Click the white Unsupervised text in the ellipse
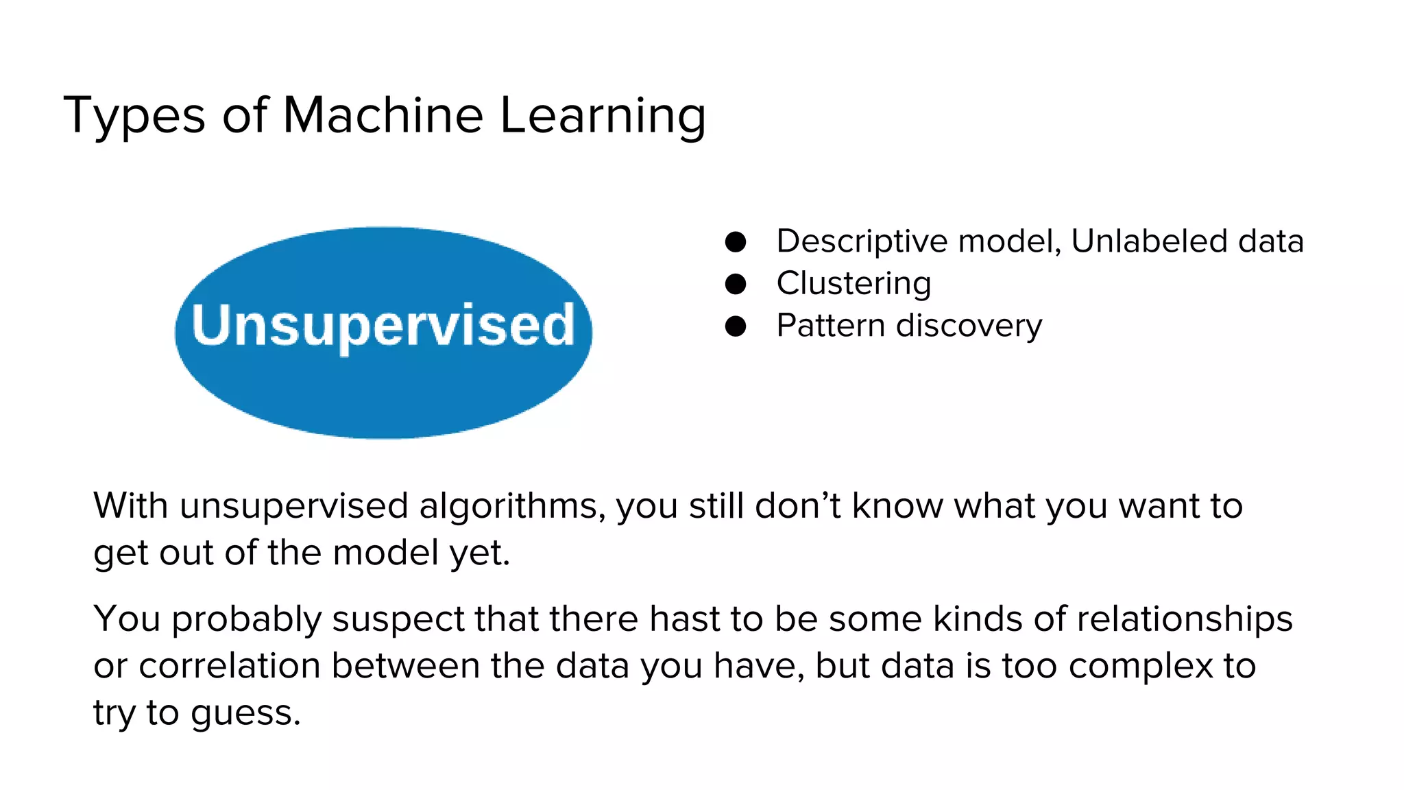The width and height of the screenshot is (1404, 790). coord(383,325)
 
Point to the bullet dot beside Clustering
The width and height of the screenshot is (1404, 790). coord(735,284)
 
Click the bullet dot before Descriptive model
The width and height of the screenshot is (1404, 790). coord(735,241)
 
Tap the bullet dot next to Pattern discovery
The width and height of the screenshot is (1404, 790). coord(735,326)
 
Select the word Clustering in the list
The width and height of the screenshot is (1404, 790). coord(854,284)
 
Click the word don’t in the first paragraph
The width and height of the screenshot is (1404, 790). coord(797,506)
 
